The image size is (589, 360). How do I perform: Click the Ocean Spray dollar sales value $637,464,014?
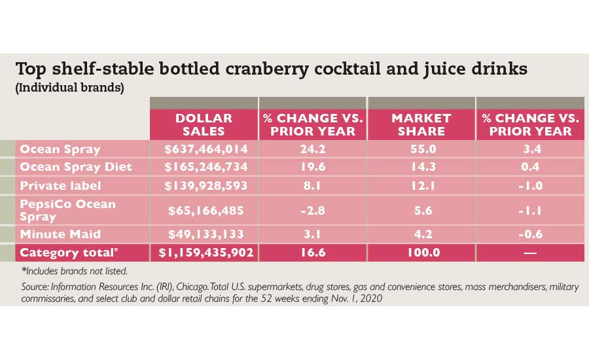(x=204, y=149)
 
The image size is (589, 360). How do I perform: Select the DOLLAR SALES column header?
(x=204, y=124)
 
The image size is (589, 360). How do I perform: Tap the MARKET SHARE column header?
(x=421, y=124)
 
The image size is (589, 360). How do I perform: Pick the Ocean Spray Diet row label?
(x=76, y=167)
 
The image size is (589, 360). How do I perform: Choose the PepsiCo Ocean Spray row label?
(x=67, y=209)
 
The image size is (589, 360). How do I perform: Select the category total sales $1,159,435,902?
(x=204, y=253)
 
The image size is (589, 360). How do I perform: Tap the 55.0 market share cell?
(x=421, y=149)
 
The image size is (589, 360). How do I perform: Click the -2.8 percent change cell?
(x=312, y=209)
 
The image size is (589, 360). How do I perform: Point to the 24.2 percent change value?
(x=312, y=149)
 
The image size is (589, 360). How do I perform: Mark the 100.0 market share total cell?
(x=421, y=253)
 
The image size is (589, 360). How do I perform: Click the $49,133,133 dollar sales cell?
(x=204, y=234)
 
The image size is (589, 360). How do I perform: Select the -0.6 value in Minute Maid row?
(x=529, y=234)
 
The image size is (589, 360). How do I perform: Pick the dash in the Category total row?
(x=529, y=253)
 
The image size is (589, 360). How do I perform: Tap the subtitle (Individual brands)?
(x=69, y=88)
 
